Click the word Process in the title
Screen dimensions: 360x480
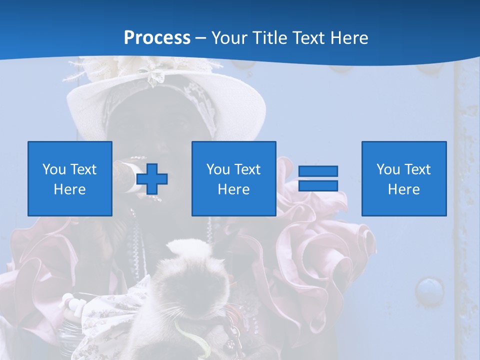coord(157,37)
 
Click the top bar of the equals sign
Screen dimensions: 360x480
coord(318,171)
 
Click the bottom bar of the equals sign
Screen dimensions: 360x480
coord(318,185)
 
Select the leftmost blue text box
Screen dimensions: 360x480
coord(70,178)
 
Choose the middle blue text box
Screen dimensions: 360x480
coord(233,178)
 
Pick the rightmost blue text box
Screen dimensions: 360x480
coord(404,178)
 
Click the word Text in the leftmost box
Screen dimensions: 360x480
coord(83,169)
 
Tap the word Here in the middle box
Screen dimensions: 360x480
coord(233,189)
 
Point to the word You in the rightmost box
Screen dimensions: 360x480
coord(388,169)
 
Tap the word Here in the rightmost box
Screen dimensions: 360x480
coord(404,189)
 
